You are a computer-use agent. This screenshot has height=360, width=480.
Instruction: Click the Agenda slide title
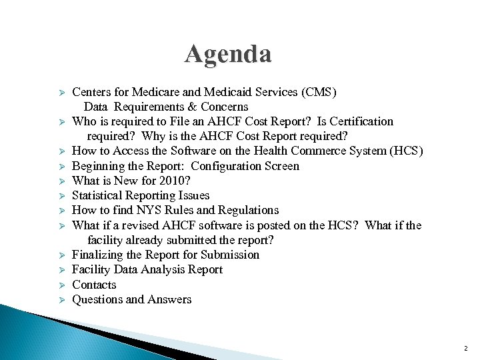pyautogui.click(x=228, y=54)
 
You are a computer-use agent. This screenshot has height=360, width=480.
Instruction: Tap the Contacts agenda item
pyautogui.click(x=94, y=285)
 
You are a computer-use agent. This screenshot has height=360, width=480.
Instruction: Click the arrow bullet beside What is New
pyautogui.click(x=59, y=181)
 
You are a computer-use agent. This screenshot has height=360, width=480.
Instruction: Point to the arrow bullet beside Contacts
pyautogui.click(x=59, y=285)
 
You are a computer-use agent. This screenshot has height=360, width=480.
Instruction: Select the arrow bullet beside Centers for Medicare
pyautogui.click(x=59, y=92)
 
